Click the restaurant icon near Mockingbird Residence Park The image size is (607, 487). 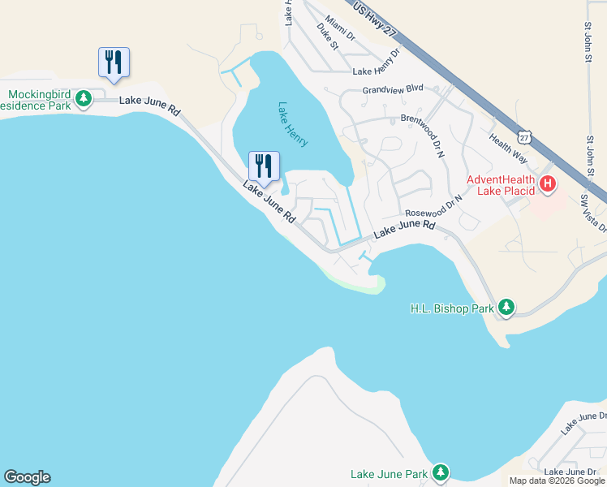point(114,62)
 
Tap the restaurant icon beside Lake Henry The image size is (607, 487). point(264,166)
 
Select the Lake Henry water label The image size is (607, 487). point(293,124)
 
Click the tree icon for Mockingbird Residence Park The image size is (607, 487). point(83,99)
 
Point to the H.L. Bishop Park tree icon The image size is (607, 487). point(506,307)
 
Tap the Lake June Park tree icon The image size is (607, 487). point(440,472)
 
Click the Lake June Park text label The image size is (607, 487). point(389,474)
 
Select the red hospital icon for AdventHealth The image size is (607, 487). point(548,184)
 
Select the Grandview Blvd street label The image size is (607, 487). point(394,88)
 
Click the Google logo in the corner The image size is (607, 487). point(27,477)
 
